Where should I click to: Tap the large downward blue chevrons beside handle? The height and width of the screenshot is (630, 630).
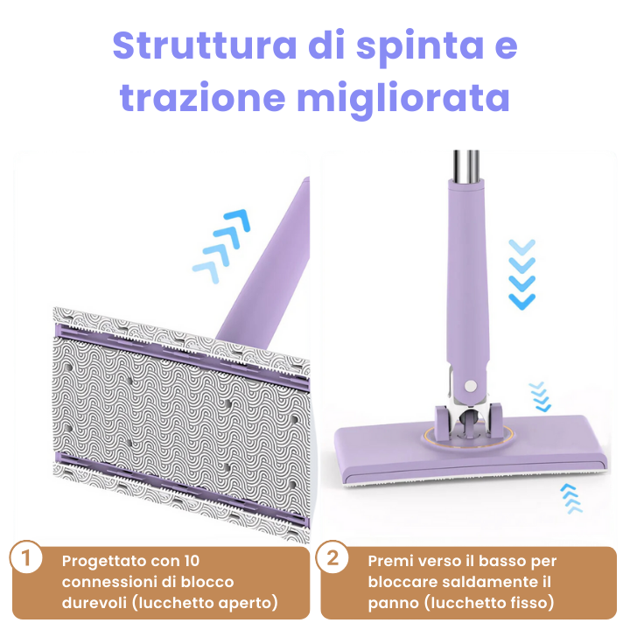click(x=522, y=272)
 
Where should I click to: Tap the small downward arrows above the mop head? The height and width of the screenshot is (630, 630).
click(x=540, y=395)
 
